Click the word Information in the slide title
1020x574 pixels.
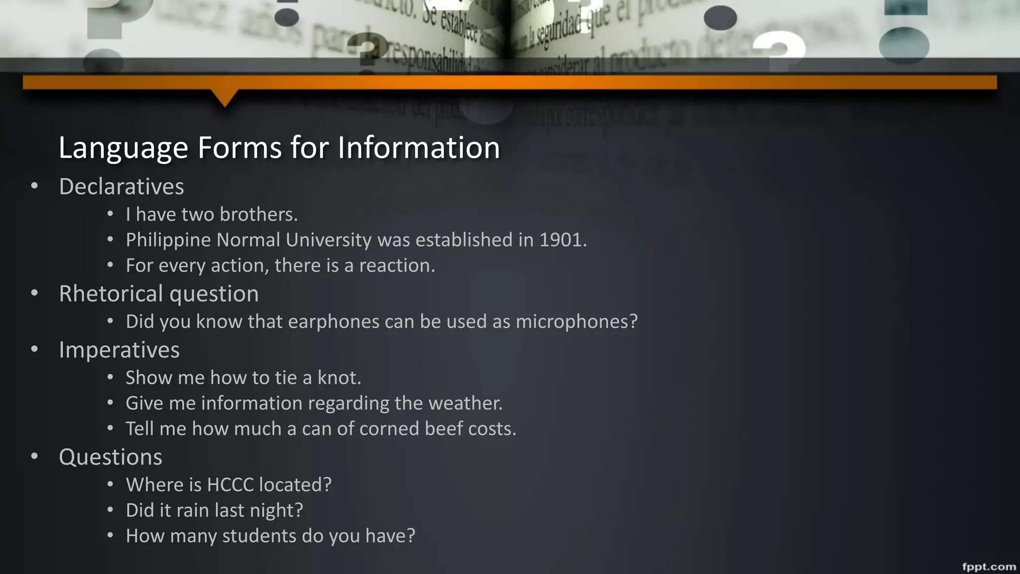(418, 147)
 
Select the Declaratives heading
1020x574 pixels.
(122, 187)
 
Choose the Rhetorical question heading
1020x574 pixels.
(158, 293)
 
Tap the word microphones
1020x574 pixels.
(576, 322)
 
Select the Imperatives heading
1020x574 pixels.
(119, 350)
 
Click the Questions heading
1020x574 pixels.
(111, 457)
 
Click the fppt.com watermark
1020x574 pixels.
(989, 566)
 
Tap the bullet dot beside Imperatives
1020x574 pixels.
(34, 350)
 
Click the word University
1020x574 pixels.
(328, 240)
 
